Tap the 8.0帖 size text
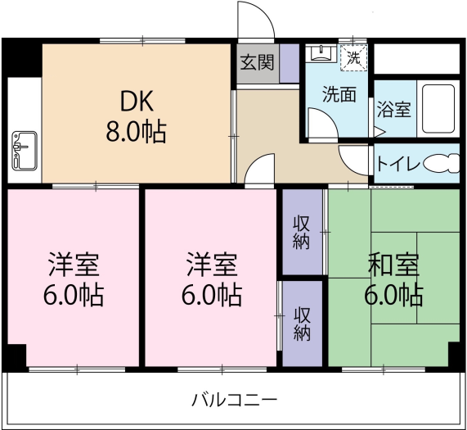[136, 132]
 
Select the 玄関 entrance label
[258, 63]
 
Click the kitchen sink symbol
[25, 151]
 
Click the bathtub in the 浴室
[438, 109]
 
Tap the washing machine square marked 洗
[354, 57]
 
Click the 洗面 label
[339, 95]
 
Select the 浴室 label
[394, 109]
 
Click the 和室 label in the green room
[393, 265]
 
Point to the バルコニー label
[234, 400]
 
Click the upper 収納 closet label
[302, 233]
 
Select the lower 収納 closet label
[302, 324]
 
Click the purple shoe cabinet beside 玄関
[290, 63]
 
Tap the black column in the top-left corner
[22, 58]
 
